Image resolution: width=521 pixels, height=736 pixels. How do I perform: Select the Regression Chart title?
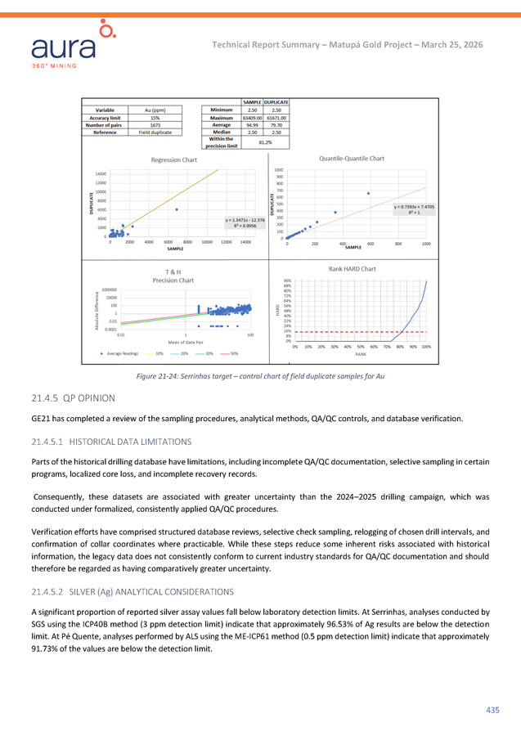tap(173, 160)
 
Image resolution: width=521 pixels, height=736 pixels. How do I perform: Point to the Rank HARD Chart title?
tap(352, 268)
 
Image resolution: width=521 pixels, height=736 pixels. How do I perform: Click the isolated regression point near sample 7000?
tap(176, 209)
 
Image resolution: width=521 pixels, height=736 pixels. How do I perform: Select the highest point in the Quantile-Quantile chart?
tap(368, 193)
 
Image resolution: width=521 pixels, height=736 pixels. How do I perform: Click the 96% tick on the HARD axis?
tap(287, 282)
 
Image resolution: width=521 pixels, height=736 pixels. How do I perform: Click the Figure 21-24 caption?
tap(260, 375)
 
